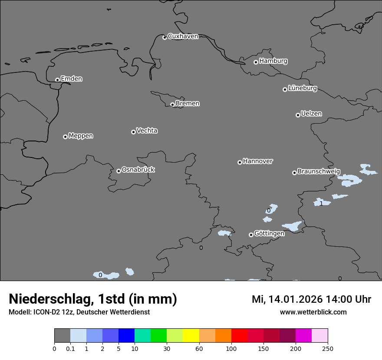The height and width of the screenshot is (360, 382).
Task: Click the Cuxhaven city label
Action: tap(183, 36)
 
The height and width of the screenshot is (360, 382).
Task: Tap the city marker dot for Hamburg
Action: tap(256, 62)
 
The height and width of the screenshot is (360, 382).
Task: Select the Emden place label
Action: tap(71, 79)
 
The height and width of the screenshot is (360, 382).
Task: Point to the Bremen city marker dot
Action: tap(172, 105)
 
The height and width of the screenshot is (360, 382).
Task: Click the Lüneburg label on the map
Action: tap(303, 88)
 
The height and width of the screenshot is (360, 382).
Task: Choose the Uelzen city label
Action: tap(311, 114)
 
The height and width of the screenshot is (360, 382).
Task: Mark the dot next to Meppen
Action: tap(65, 137)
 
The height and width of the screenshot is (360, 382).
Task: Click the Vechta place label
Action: tap(147, 131)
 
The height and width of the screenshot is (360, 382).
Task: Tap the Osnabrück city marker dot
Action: tap(119, 171)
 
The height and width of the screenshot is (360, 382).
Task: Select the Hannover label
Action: tap(257, 161)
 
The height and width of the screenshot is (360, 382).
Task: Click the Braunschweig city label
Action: tap(319, 172)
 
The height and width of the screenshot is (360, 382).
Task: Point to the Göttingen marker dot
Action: tap(251, 235)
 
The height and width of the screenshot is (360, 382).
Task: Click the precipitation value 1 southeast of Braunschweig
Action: tap(321, 203)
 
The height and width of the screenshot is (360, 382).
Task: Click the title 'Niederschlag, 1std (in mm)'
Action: tap(93, 299)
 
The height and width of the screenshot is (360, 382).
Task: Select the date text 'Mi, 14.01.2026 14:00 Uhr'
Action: tap(311, 299)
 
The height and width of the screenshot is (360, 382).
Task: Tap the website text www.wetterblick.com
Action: tap(313, 312)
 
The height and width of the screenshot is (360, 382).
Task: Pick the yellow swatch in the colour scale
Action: tap(191, 336)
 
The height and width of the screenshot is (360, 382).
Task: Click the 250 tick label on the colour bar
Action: tap(327, 348)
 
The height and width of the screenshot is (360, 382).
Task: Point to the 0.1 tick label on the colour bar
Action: tap(70, 348)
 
